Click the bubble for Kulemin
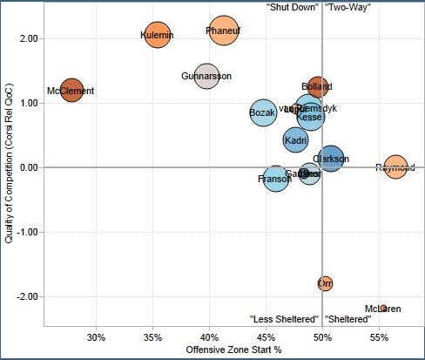pyautogui.click(x=158, y=35)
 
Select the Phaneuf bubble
pyautogui.click(x=224, y=31)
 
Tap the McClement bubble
pyautogui.click(x=71, y=90)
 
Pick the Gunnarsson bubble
pyautogui.click(x=206, y=77)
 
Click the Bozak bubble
pyautogui.click(x=263, y=112)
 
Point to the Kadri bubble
pyautogui.click(x=296, y=139)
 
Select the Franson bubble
pyautogui.click(x=274, y=179)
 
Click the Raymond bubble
pyautogui.click(x=395, y=167)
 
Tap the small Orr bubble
pyautogui.click(x=325, y=283)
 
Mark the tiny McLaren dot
pyautogui.click(x=383, y=308)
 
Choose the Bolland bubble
pyautogui.click(x=318, y=87)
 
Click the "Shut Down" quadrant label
pyautogui.click(x=292, y=7)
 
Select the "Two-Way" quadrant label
pyautogui.click(x=347, y=7)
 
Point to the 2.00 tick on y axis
pyautogui.click(x=27, y=38)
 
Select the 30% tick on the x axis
pyautogui.click(x=97, y=337)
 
